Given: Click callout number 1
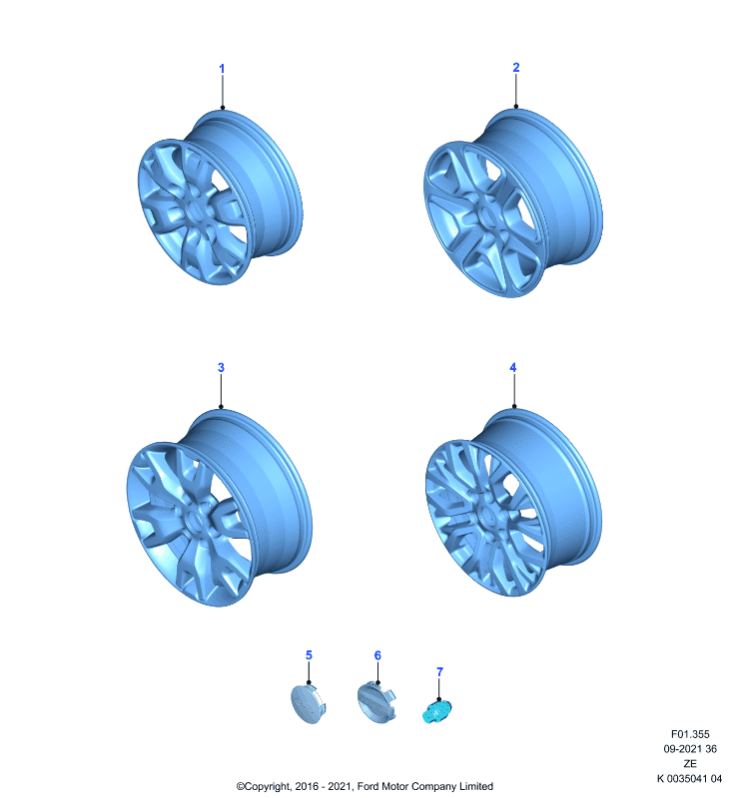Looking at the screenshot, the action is click(222, 68).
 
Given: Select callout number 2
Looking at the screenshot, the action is click(516, 67).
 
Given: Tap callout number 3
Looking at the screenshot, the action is click(221, 367).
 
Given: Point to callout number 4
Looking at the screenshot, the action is click(513, 367).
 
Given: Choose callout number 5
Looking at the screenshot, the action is click(309, 655).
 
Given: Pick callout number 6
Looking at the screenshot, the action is click(377, 655).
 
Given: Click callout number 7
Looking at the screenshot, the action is click(440, 671).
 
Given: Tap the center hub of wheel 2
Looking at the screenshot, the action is click(486, 217).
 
